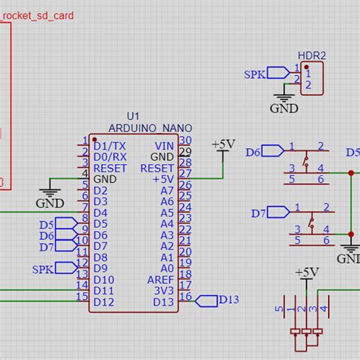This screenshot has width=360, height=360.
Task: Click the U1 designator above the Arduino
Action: point(134,115)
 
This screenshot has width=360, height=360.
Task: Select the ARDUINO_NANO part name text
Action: point(150,128)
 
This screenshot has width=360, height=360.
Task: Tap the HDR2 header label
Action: point(311,55)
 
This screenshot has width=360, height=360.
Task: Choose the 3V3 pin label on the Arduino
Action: point(164,291)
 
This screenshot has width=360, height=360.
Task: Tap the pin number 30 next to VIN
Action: point(185,140)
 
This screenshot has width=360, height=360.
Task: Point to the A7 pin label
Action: point(166,190)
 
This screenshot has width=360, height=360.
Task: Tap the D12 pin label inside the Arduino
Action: point(103,302)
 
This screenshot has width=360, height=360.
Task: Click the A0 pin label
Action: point(166,268)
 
